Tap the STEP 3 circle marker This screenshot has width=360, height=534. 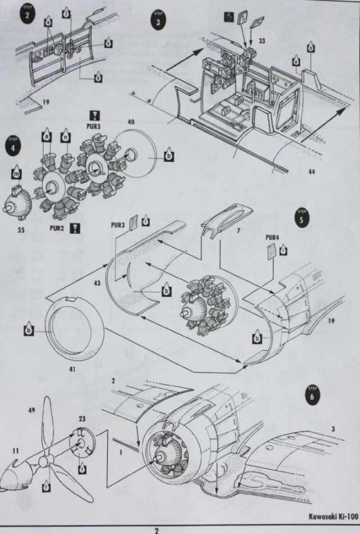[158, 20]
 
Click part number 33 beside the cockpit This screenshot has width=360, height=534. [262, 41]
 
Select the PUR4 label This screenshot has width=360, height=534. [273, 237]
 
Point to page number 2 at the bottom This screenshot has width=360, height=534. [157, 530]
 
